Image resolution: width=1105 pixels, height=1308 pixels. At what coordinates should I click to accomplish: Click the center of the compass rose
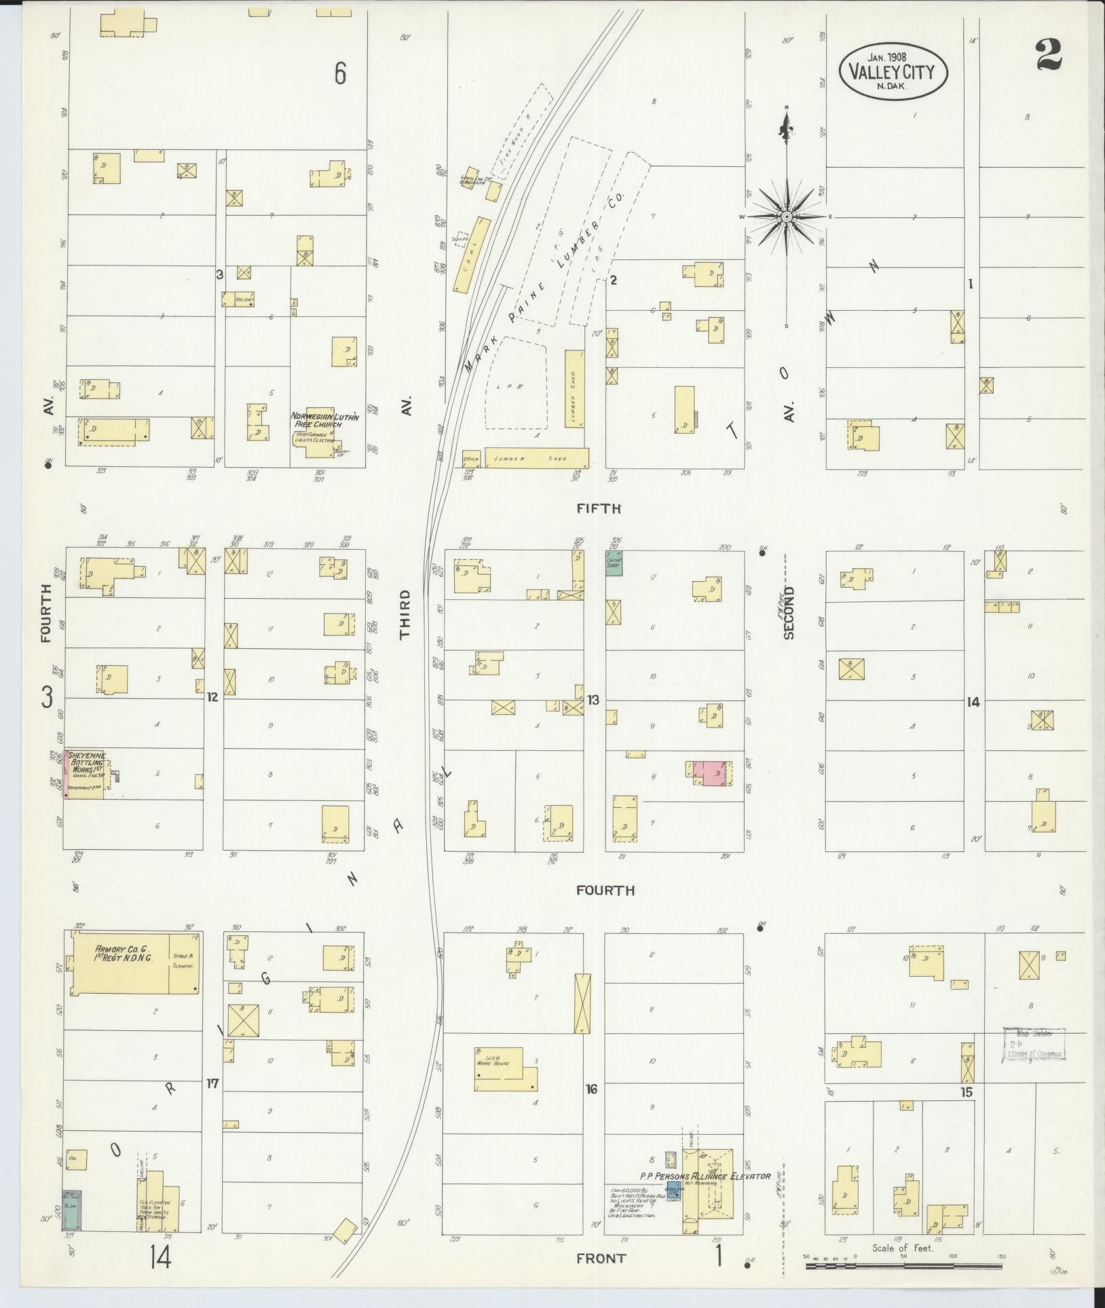point(786,217)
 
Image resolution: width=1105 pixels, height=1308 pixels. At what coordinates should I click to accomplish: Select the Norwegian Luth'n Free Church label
point(324,420)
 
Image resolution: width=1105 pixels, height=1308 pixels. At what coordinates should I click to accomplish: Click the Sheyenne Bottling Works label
point(86,765)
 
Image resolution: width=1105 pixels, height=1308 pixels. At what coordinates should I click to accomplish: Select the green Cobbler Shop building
point(614,563)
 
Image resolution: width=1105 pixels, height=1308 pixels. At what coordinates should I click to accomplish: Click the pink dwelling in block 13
point(714,773)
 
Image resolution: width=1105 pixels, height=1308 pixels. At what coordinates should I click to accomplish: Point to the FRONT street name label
point(601,1258)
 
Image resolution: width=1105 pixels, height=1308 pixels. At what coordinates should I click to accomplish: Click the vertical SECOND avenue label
point(788,613)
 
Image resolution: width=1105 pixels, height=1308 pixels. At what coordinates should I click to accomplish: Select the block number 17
point(212,1084)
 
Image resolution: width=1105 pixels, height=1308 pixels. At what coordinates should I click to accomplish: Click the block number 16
point(591,1089)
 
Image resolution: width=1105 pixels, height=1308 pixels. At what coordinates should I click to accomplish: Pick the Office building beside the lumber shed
point(472,458)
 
